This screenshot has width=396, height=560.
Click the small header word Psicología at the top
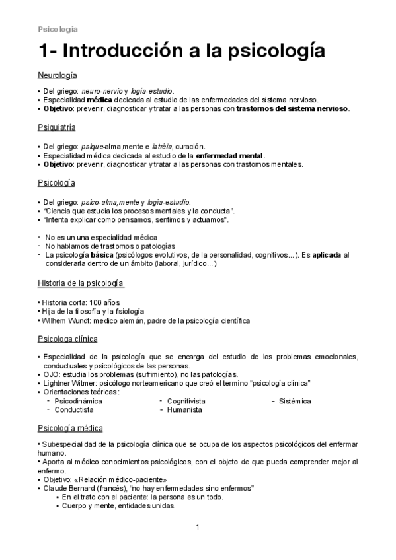[x=58, y=29]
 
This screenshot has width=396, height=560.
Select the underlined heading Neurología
[x=57, y=76]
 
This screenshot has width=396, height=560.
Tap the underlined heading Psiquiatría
[x=56, y=128]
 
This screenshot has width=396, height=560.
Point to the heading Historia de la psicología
[x=81, y=283]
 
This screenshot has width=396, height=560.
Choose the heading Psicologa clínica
[x=67, y=339]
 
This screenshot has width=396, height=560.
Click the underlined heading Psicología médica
[x=69, y=429]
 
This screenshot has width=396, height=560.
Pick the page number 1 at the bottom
[x=198, y=527]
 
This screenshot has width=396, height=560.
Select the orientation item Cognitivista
[x=186, y=401]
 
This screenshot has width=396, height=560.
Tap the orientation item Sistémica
[x=295, y=401]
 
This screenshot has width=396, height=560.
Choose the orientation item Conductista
[x=74, y=409]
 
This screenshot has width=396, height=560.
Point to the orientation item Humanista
[x=183, y=409]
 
